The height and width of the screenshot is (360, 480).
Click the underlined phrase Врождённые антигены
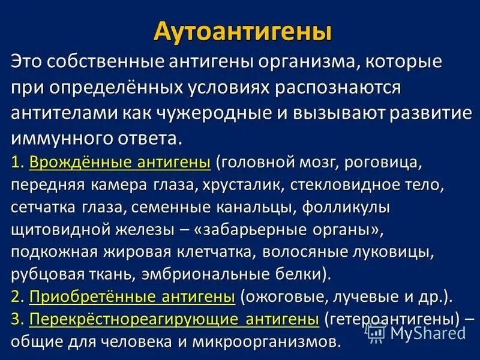pos(120,163)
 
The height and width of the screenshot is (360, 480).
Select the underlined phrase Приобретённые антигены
pos(132,296)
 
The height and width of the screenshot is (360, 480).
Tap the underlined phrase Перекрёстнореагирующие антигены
pos(174,319)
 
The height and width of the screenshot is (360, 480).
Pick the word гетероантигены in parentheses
pos(392,319)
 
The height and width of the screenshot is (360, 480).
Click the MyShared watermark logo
pos(416,332)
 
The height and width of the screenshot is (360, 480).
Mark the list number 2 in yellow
pos(15,296)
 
